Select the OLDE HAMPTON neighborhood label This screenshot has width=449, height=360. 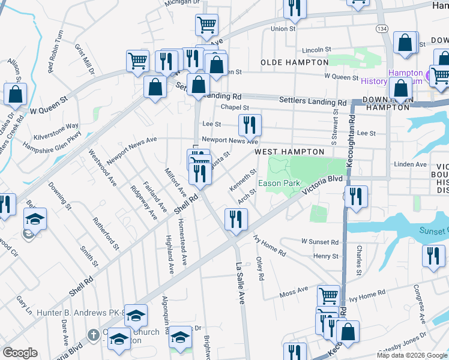pyautogui.click(x=294, y=62)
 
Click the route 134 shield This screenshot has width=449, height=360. pyautogui.click(x=382, y=29)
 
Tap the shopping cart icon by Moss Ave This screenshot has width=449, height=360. pyautogui.click(x=328, y=295)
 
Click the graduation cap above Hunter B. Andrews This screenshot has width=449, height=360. pyautogui.click(x=136, y=314)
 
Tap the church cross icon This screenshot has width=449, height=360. pyautogui.click(x=93, y=334)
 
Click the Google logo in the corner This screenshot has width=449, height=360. pyautogui.click(x=20, y=353)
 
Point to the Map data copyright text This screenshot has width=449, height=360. pyautogui.click(x=412, y=355)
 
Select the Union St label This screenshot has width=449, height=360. pyautogui.click(x=283, y=28)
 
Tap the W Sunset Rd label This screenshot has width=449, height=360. pyautogui.click(x=319, y=242)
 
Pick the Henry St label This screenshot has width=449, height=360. pyautogui.click(x=327, y=256)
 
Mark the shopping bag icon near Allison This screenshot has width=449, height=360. pyautogui.click(x=15, y=94)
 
